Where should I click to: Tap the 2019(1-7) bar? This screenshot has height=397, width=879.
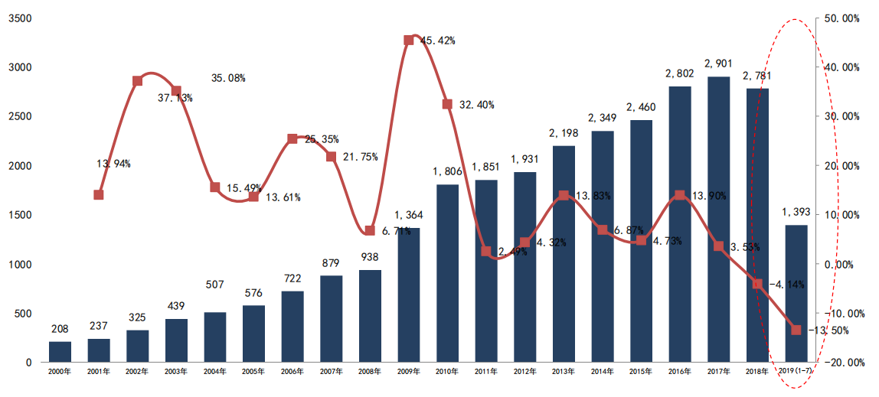[x=796, y=294]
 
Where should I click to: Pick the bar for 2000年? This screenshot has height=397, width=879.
[x=60, y=352]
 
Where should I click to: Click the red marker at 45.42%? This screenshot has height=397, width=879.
[x=409, y=40]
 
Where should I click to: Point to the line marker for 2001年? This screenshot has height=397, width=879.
[x=99, y=195]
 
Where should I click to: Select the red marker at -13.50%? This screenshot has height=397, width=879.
[x=796, y=330]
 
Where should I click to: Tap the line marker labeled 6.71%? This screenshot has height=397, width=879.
[x=370, y=230]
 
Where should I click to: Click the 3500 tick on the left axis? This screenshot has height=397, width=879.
[x=19, y=18]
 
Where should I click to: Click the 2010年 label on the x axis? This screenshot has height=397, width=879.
[x=447, y=373]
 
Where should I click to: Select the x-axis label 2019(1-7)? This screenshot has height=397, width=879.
[x=796, y=373]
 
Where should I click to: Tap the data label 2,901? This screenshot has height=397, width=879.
[x=719, y=63]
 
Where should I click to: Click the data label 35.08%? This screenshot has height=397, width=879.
[x=229, y=78]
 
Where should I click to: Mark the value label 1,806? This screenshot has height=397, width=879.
[x=448, y=171]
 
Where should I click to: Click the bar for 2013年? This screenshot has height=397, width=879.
[x=564, y=254]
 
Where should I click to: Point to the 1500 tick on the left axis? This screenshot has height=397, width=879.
[x=19, y=216]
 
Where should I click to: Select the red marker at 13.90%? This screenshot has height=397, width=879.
[x=680, y=195]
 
